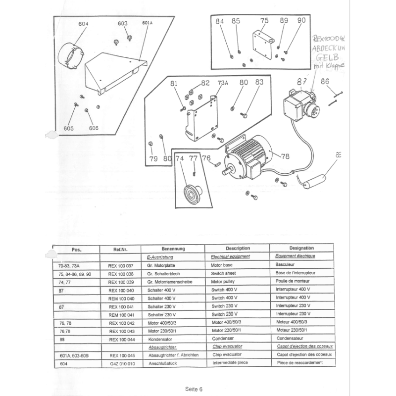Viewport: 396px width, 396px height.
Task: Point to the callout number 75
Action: click(264, 21)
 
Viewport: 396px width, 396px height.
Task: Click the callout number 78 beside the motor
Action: click(285, 156)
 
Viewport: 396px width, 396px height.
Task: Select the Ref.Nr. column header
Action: click(120, 249)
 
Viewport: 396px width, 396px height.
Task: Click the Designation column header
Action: click(301, 248)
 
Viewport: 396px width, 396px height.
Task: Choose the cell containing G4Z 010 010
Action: click(120, 363)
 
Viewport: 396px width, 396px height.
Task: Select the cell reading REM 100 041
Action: click(120, 314)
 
